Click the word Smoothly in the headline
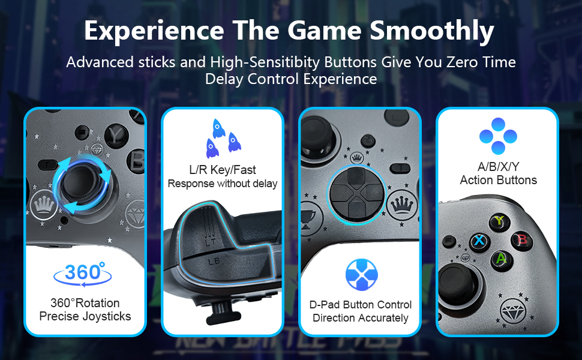point(431,31)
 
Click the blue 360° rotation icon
point(82,274)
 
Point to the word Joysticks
point(107,316)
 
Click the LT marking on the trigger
point(210,242)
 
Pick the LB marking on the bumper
point(214,262)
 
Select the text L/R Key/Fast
point(223,170)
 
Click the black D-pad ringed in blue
point(356,195)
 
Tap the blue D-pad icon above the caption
point(362,275)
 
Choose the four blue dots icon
point(498,136)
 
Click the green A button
point(501,259)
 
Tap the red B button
point(522,239)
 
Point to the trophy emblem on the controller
point(308,217)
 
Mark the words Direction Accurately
point(361,318)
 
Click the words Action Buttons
point(498,180)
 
